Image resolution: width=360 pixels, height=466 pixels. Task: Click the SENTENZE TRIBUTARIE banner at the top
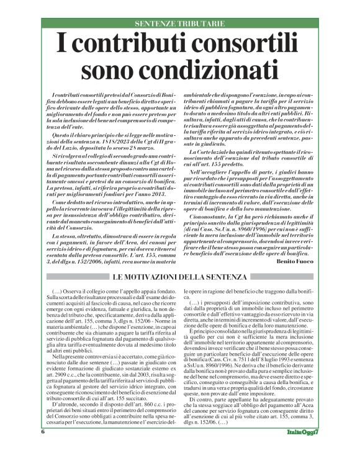pos(179,25)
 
